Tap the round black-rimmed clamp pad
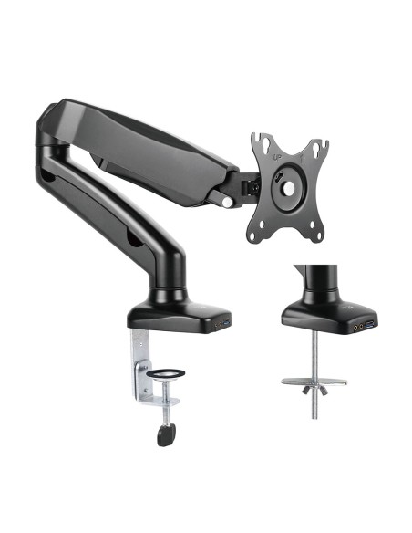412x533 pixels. point(166,374)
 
